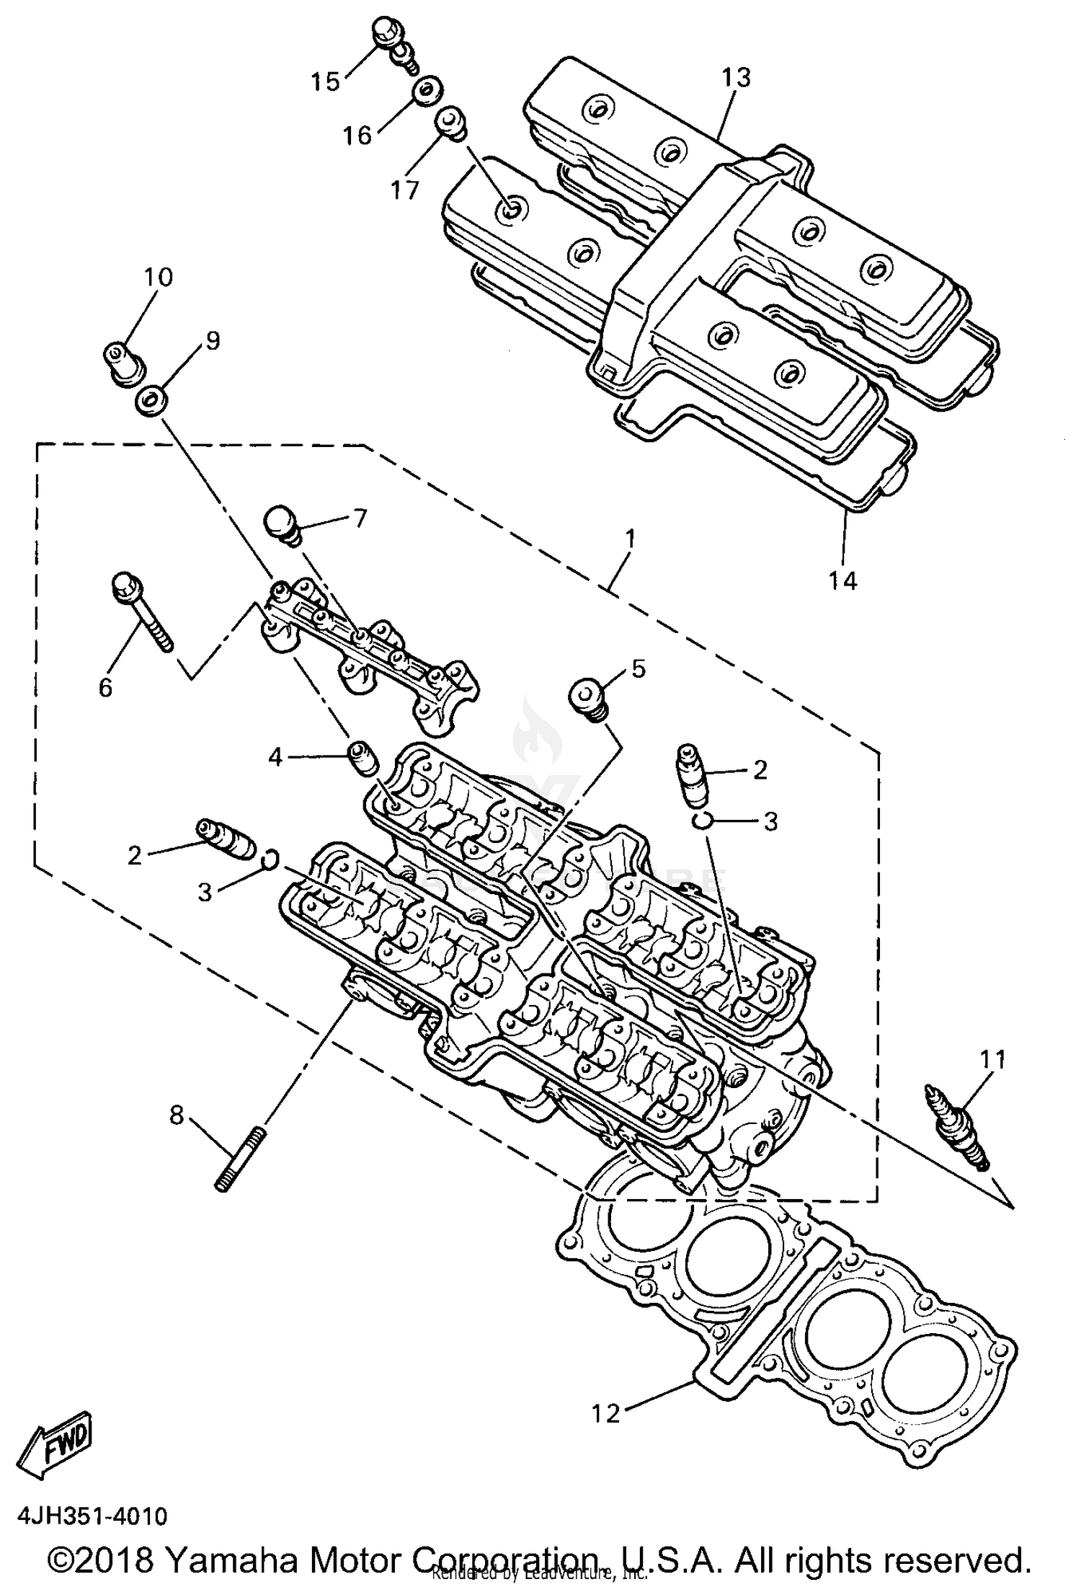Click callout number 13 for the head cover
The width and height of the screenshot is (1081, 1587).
point(736,77)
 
